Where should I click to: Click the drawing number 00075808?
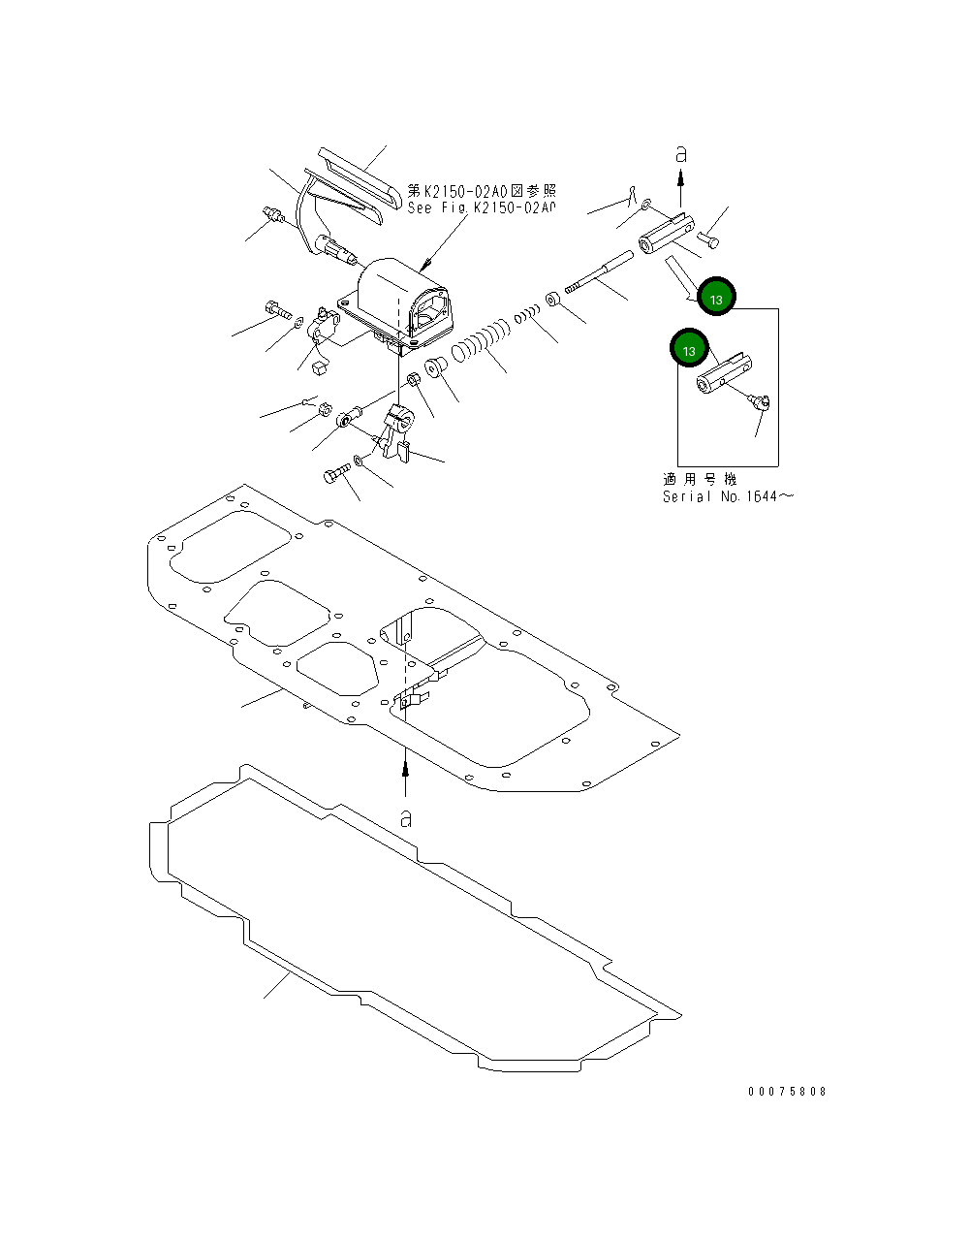tap(787, 1091)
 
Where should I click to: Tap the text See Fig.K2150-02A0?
tap(482, 207)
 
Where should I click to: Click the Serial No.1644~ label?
tap(728, 496)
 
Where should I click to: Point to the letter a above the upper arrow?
tap(681, 153)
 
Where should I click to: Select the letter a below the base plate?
tap(406, 818)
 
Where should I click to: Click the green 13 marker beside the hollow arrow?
tap(716, 300)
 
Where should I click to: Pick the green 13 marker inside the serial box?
tap(688, 350)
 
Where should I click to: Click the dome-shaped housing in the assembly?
tap(397, 291)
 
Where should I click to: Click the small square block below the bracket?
tap(320, 366)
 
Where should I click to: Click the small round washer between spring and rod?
tap(550, 299)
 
